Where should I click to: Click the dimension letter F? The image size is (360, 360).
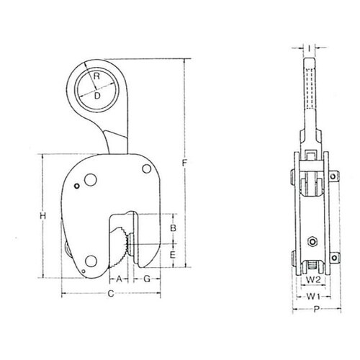pos(184,163)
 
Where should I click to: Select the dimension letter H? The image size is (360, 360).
pos(42,216)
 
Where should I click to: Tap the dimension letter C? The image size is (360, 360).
pos(111,293)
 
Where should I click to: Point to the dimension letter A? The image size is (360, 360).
pos(120,279)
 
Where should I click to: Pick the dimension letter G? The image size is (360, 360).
pos(147,279)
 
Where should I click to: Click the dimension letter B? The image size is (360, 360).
pos(173,228)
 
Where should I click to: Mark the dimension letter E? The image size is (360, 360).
pos(173,255)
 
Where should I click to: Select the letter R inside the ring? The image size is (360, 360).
pos(96,76)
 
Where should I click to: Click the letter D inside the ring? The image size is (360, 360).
pos(97,96)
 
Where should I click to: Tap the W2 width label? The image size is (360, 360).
pos(313,279)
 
